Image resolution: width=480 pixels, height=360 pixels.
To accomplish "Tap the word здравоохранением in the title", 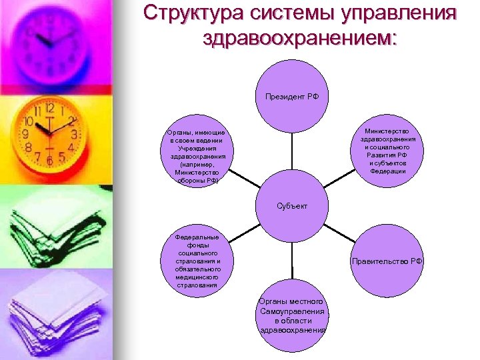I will point(299,37).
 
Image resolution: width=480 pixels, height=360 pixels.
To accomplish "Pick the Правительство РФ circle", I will point(387,261).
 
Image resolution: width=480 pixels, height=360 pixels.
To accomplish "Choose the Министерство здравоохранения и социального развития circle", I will point(387,152).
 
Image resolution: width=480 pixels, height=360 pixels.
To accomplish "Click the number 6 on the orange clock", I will point(49,161).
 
